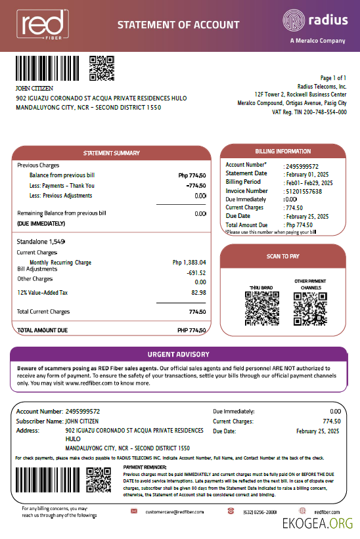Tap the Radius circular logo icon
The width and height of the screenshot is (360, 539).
tap(294, 20)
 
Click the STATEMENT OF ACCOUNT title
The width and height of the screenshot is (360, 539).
tap(178, 25)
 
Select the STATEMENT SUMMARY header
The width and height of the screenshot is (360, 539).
tap(111, 153)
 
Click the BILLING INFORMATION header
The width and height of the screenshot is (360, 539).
tap(282, 151)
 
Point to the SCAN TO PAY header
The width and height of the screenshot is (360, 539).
tap(282, 256)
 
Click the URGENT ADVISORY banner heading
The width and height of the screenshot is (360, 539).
tap(179, 355)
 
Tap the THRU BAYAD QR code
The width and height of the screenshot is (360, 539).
tap(258, 304)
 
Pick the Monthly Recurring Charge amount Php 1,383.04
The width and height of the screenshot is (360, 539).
tap(189, 263)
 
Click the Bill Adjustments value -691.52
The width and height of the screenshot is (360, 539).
tap(196, 272)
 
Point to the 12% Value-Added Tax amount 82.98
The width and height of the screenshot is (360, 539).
tap(198, 292)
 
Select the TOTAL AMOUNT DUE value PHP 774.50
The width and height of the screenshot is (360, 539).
tap(192, 330)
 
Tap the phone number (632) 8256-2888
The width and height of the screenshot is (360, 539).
tap(260, 511)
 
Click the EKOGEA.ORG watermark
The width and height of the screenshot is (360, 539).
tap(317, 523)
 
